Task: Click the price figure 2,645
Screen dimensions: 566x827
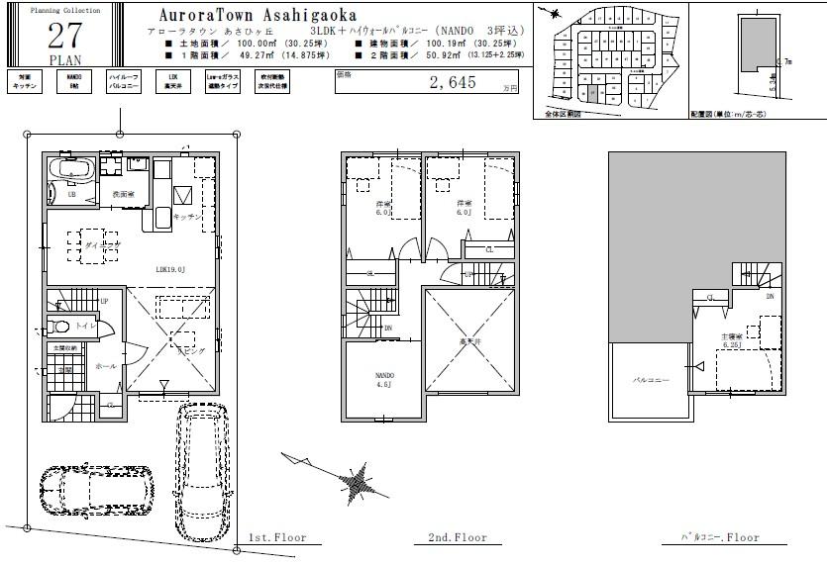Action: (x=453, y=83)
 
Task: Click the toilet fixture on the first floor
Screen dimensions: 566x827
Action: (x=58, y=326)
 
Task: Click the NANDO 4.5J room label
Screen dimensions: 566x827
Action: (x=383, y=381)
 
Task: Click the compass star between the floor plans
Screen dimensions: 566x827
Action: (x=356, y=484)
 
